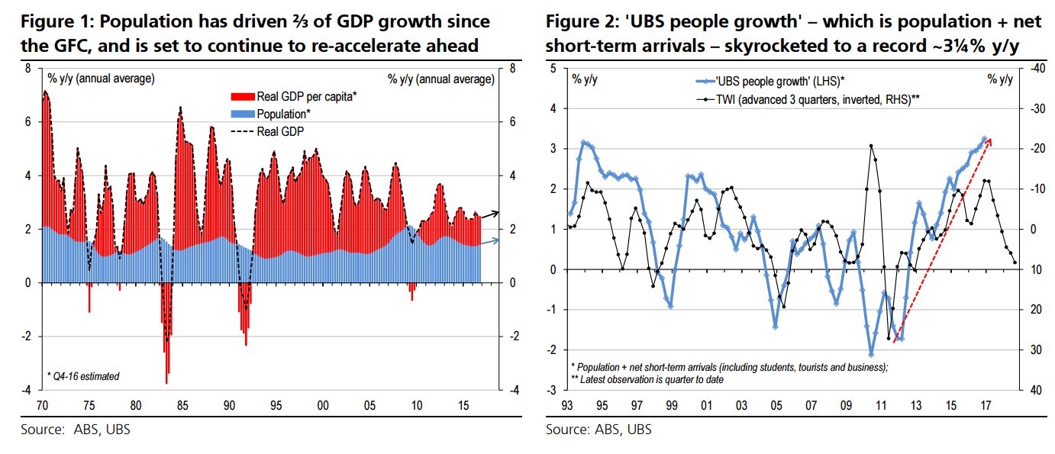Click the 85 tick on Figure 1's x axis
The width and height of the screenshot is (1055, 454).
click(182, 404)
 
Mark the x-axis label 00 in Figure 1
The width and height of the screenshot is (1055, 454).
click(322, 404)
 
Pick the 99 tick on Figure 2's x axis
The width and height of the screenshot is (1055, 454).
click(672, 404)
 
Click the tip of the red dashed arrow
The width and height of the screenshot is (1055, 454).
click(991, 140)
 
